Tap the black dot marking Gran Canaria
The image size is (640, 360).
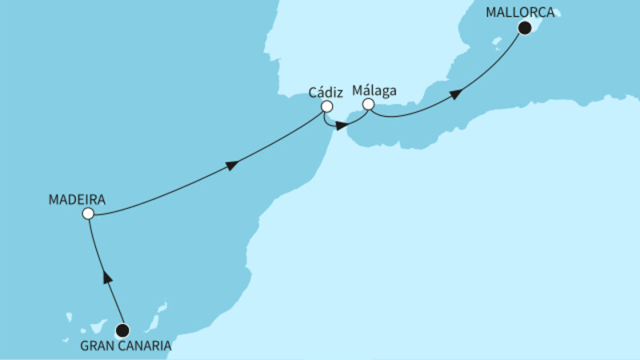point(122,330)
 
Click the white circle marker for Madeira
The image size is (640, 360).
point(88,214)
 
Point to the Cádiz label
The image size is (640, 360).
point(326,91)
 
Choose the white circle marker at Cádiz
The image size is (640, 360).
point(326,106)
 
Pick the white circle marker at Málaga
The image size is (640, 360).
point(368,105)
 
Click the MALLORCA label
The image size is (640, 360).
point(522,12)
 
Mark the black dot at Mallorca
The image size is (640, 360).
point(524,28)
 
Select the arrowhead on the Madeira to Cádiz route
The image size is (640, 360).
point(233,166)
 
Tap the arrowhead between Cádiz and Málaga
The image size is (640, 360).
point(342,126)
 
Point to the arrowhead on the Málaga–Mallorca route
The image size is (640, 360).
point(455,94)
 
